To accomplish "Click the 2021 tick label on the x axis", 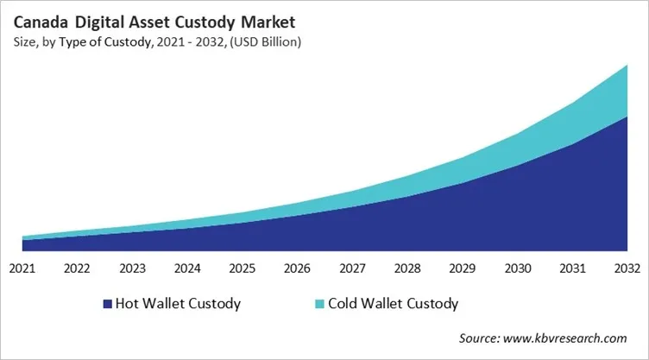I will (22, 268).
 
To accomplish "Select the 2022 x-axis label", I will (78, 268).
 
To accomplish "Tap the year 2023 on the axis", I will (132, 268).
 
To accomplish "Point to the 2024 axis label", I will (187, 268).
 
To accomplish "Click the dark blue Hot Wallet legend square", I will (108, 304).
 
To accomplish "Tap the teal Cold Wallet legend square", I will (320, 304).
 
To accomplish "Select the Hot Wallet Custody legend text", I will (179, 304).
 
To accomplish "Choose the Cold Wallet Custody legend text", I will (394, 304).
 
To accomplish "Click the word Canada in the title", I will (43, 20).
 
